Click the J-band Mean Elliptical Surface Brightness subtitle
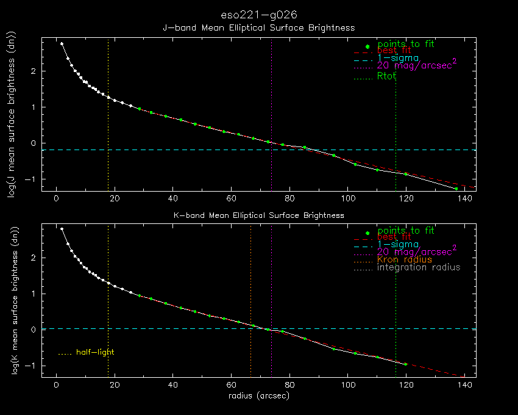[x=258, y=28]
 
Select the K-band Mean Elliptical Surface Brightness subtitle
[x=258, y=215]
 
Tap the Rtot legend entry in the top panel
[x=386, y=76]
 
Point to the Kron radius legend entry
[x=405, y=260]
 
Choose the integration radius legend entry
[x=418, y=267]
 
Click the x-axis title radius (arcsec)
[x=258, y=396]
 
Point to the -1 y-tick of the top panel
[x=32, y=179]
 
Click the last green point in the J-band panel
[x=456, y=189]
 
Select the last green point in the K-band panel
[x=405, y=364]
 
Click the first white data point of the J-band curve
[x=62, y=44]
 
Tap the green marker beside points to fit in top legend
[x=367, y=47]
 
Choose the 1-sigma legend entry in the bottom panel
[x=397, y=245]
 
